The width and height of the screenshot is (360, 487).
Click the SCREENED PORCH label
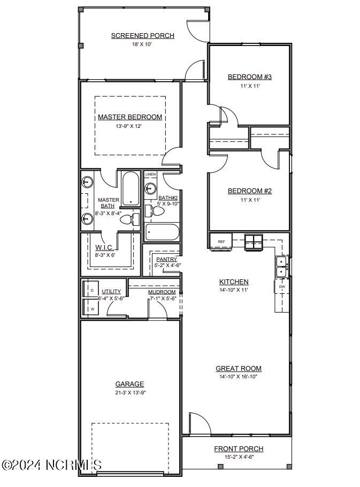point(142,36)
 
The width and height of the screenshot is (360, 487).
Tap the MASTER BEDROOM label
point(129,117)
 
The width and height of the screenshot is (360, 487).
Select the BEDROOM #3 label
point(249,77)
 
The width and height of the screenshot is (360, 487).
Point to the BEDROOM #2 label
point(249,191)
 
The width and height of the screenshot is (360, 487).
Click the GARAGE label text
point(129,384)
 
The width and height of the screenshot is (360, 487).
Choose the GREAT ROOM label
point(238,368)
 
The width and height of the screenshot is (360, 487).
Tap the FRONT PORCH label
point(239,449)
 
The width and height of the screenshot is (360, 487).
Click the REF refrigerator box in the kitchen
point(221,241)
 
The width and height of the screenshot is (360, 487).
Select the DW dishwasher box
point(281,287)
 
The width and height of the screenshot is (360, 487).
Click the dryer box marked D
point(91,290)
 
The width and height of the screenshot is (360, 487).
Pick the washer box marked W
point(91,308)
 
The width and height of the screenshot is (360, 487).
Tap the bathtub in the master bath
point(130,188)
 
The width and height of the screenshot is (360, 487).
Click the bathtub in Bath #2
point(163,233)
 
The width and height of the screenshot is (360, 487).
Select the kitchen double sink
point(281,267)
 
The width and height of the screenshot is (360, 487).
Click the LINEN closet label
point(150,174)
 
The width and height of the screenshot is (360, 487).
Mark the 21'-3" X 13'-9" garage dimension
point(129,392)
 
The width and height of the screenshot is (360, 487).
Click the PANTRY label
point(166,260)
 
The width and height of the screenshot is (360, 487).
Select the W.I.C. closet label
point(104,248)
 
